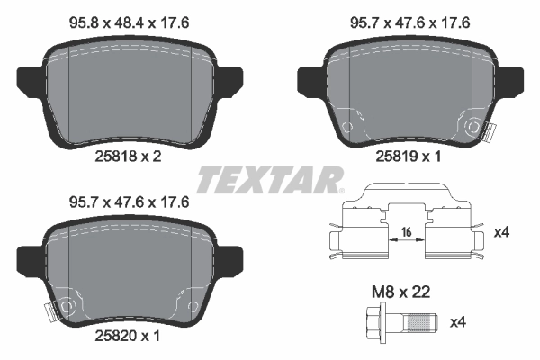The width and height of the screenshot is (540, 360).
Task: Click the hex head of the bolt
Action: click(x=375, y=320)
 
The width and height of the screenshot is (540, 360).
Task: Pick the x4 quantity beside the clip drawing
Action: click(x=502, y=232)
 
